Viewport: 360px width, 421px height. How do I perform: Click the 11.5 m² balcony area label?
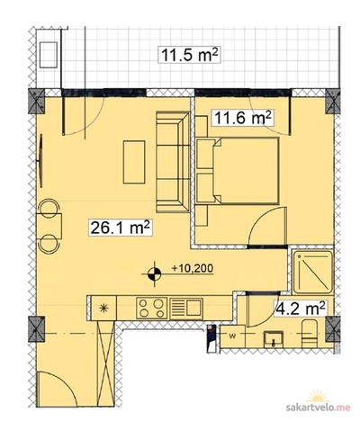tap(189, 55)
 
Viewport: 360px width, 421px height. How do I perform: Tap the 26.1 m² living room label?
tap(120, 228)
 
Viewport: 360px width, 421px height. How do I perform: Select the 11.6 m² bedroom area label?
tap(242, 118)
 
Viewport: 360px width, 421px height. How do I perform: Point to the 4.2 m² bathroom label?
tap(301, 308)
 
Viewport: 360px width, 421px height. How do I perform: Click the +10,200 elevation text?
tap(193, 268)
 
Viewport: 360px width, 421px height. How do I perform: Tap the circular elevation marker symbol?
tap(155, 273)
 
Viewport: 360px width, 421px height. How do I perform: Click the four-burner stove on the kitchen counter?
tap(152, 308)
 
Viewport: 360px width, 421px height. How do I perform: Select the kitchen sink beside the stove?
tap(185, 308)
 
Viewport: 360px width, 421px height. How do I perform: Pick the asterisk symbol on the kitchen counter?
tap(103, 308)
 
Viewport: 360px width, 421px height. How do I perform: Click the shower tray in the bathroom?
tap(313, 273)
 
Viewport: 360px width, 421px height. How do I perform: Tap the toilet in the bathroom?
tap(310, 334)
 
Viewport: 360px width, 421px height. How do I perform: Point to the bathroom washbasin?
tap(274, 339)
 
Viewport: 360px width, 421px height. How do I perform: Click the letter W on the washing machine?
tap(232, 336)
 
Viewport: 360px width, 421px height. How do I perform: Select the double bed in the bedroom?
tap(238, 171)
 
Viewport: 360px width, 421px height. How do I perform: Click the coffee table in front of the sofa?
tap(134, 162)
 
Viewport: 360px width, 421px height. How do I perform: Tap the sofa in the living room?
tap(173, 162)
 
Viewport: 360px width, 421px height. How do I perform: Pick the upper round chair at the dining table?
tap(49, 208)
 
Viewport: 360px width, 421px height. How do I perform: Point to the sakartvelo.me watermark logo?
tap(318, 405)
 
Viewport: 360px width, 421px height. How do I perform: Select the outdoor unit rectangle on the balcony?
tap(49, 55)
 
